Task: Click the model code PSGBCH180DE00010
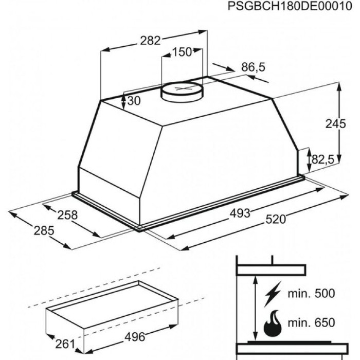[290, 6]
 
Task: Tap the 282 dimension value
[150, 41]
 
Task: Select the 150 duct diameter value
[182, 52]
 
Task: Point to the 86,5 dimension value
[253, 67]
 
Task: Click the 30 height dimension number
[134, 101]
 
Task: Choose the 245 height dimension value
[336, 124]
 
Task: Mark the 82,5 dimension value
[323, 159]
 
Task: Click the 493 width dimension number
[240, 213]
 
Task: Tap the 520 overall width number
[276, 219]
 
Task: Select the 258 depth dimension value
[67, 215]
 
